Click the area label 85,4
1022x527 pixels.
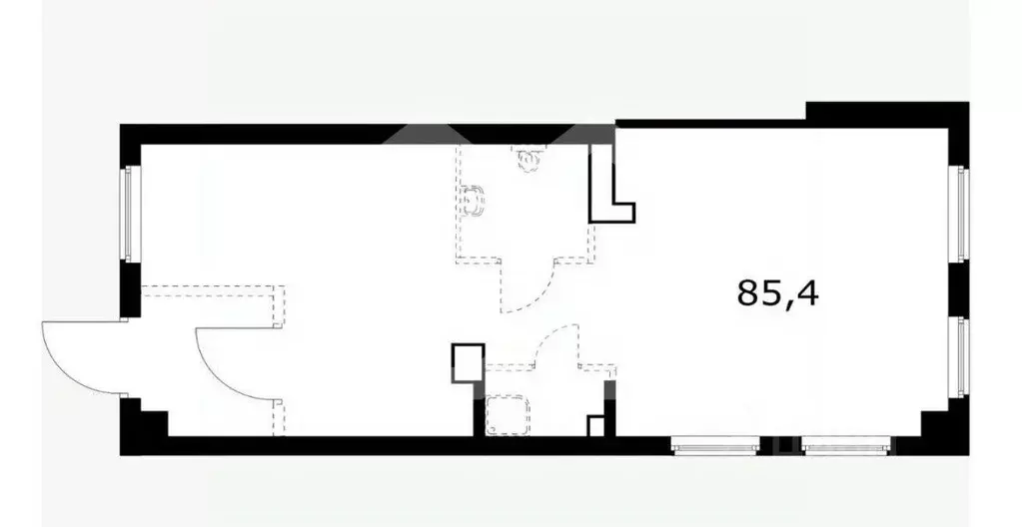click(x=777, y=293)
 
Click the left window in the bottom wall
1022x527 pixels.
click(x=715, y=446)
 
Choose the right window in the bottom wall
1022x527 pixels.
click(x=845, y=446)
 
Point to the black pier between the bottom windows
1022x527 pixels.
click(x=781, y=445)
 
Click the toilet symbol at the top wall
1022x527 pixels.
click(x=529, y=159)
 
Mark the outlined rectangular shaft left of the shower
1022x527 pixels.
click(x=468, y=363)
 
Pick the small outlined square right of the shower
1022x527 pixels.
click(x=596, y=426)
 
